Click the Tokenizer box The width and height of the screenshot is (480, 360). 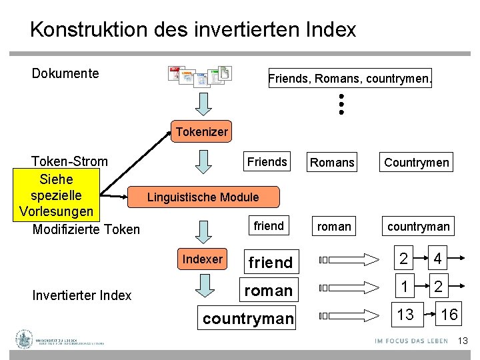click(201, 132)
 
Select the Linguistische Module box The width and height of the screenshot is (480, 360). click(203, 197)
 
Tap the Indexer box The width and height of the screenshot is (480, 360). click(203, 259)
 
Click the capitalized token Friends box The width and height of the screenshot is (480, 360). click(267, 162)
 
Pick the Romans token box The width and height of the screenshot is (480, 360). click(332, 162)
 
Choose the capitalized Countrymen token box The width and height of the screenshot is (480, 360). click(416, 162)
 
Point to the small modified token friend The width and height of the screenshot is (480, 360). click(269, 226)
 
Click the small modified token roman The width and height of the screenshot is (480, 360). click(334, 226)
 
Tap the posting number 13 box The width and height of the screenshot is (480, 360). click(405, 314)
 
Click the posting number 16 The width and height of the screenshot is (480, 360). click(449, 314)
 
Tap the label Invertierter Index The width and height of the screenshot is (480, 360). click(81, 295)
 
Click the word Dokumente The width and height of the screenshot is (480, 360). click(65, 73)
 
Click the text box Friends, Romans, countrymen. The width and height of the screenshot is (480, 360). click(350, 79)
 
